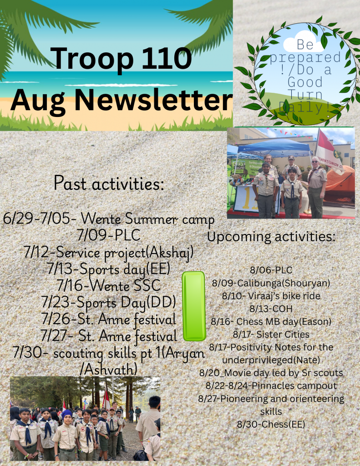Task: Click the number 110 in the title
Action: click(167, 58)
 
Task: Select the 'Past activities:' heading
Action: click(109, 183)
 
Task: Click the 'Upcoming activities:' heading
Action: click(271, 237)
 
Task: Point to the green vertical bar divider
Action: click(194, 306)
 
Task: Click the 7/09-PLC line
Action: click(108, 235)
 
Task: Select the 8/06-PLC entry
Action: click(271, 270)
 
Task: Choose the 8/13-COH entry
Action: click(271, 309)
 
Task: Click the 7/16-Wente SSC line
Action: click(108, 286)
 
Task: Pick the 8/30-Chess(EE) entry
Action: click(271, 424)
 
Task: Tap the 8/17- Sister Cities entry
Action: click(271, 334)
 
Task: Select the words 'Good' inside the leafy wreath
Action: click(305, 82)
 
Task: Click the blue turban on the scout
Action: click(67, 414)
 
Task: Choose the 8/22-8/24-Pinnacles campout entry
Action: click(271, 386)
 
